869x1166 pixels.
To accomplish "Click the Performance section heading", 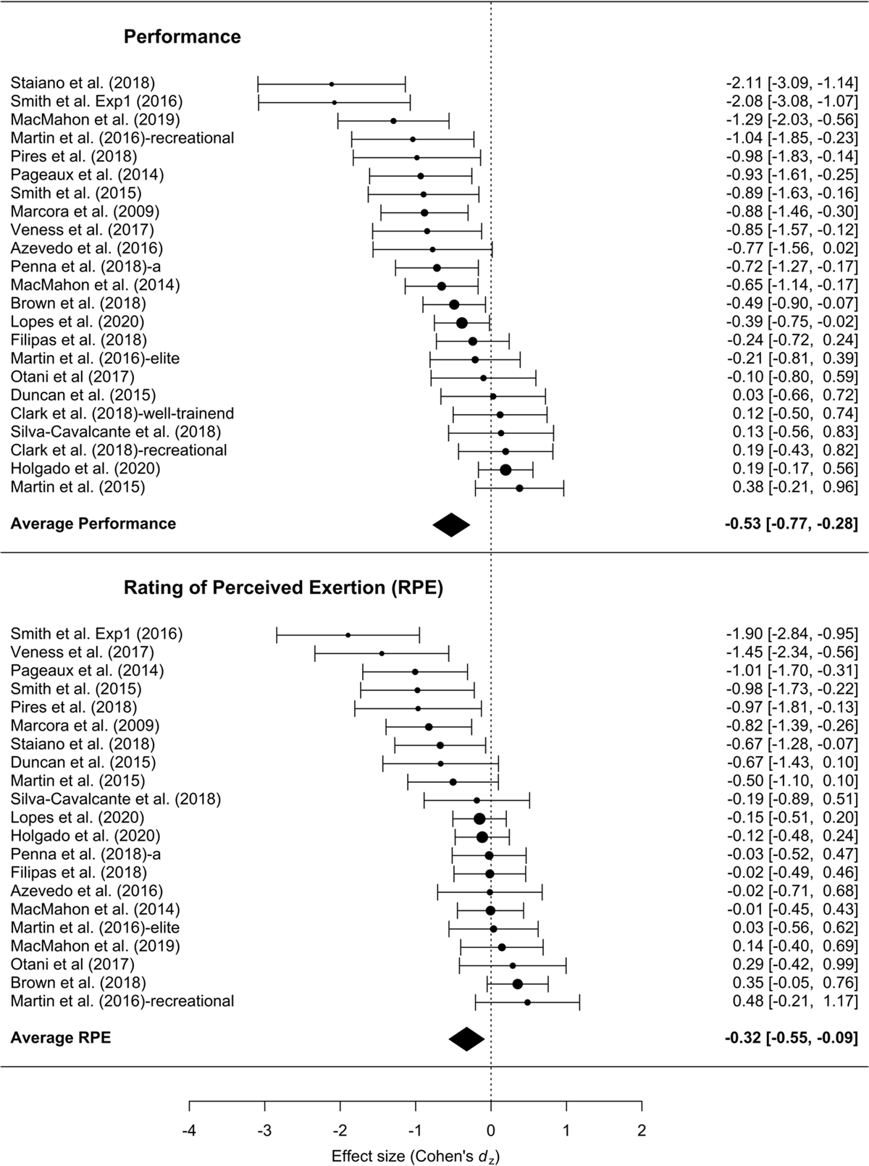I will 182,37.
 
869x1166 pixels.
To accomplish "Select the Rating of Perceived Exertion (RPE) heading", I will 283,587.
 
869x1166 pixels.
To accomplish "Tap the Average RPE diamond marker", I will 466,1039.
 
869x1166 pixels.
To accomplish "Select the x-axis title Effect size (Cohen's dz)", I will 415,1155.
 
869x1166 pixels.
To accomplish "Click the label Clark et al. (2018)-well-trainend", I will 122,414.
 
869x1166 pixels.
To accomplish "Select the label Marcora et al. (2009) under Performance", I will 85,211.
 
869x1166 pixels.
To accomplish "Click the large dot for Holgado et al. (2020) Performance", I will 505,469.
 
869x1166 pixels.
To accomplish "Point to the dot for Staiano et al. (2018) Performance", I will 332,84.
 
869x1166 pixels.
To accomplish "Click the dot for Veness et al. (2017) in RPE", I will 382,653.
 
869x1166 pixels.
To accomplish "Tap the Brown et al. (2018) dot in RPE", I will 517,983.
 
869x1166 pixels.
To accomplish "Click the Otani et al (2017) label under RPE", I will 72,965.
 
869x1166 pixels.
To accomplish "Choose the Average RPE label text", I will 61,1038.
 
